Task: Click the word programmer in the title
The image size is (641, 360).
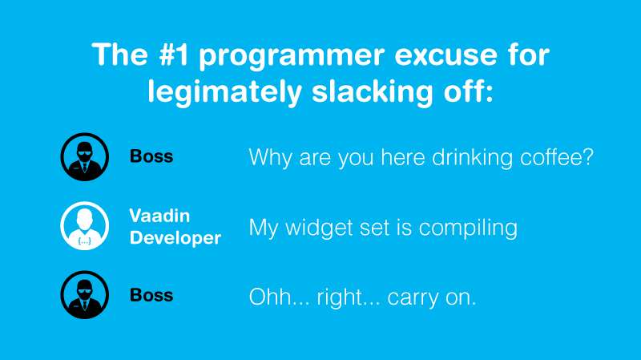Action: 292,56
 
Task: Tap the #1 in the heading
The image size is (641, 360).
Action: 174,54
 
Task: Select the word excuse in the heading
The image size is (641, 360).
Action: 446,55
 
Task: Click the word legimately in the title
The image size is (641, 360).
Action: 225,91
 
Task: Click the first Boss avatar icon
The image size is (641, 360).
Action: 85,156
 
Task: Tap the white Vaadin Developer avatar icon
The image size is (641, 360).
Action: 85,225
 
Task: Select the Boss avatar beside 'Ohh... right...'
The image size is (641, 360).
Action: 85,294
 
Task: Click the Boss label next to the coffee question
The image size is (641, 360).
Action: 151,156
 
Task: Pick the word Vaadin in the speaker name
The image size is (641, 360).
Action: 159,216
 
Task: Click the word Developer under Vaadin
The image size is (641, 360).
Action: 175,237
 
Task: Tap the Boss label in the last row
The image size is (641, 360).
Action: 151,295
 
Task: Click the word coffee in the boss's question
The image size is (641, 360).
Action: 557,156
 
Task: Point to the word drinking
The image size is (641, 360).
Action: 473,157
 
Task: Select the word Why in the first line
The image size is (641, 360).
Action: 270,157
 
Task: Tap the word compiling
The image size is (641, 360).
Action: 468,228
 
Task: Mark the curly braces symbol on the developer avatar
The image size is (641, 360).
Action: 85,241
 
